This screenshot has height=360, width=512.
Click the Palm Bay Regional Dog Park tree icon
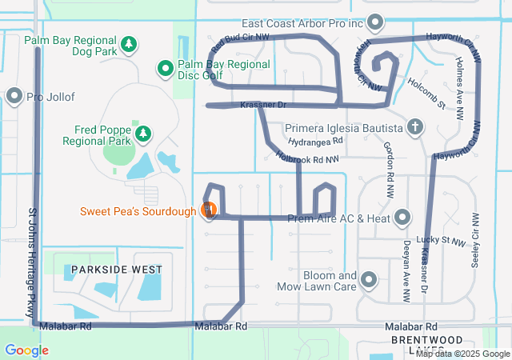click(128, 44)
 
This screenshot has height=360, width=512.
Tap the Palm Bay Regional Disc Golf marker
click(165, 69)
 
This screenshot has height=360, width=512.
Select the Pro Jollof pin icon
click(14, 97)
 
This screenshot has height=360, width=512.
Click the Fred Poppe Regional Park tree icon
click(142, 134)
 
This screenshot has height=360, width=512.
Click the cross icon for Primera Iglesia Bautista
click(414, 127)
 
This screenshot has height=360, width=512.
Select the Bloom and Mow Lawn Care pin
click(369, 279)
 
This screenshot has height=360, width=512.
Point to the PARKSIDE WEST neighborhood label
click(117, 270)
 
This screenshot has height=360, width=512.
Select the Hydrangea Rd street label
click(317, 140)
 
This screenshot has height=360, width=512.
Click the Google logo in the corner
click(26, 350)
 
